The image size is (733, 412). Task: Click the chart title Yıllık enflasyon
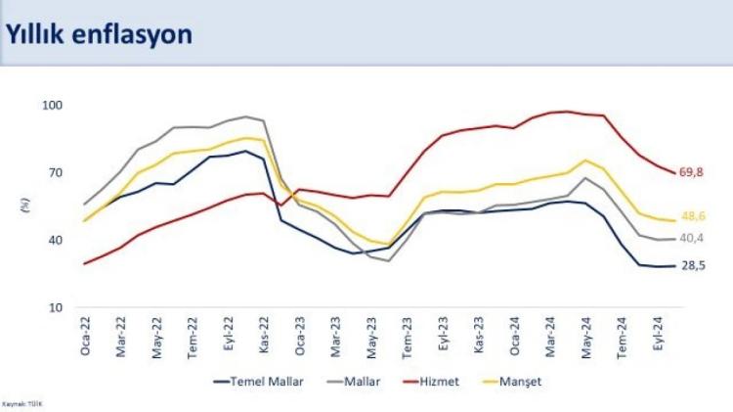99,34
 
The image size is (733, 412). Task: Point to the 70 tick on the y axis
54,172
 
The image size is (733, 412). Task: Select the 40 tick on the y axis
54,240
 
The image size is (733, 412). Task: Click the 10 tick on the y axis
54,307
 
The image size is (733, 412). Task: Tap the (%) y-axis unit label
22,205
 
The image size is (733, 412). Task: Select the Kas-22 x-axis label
264,336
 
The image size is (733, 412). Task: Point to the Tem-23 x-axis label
407,336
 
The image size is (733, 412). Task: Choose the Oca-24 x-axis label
514,336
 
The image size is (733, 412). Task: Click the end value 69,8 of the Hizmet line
692,172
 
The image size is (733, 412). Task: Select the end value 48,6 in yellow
694,216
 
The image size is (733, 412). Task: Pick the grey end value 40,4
692,238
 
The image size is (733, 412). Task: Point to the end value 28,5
693,265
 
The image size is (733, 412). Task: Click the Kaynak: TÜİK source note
23,402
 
